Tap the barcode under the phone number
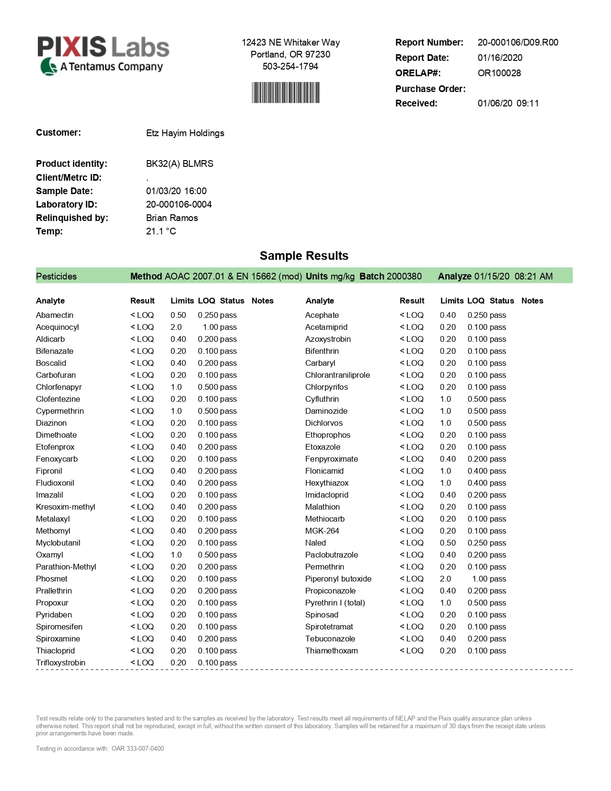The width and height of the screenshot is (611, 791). tap(286, 93)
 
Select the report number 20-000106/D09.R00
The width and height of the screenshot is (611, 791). tap(518, 42)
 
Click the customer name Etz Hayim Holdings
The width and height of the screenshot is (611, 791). tap(185, 133)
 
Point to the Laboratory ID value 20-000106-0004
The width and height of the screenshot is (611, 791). tap(179, 204)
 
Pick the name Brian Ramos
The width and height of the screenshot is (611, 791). tap(172, 218)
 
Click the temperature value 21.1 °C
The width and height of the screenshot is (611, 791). tap(161, 231)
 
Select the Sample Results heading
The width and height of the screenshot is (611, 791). tap(304, 256)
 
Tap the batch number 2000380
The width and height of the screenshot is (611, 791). tap(404, 276)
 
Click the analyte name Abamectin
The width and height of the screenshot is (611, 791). tap(55, 315)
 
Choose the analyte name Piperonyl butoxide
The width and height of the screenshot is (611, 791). tap(338, 579)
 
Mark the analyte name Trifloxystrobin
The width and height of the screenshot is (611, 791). tap(60, 663)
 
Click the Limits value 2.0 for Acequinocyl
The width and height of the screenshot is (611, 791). tap(176, 327)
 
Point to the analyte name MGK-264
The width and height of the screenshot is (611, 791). tap(322, 531)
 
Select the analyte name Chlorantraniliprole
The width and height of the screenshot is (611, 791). tap(337, 375)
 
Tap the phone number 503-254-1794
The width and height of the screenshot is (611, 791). tap(290, 66)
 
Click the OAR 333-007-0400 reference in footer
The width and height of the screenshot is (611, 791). tap(138, 748)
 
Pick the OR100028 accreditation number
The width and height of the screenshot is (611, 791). tap(499, 73)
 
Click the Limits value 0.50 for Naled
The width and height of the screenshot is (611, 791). tap(448, 543)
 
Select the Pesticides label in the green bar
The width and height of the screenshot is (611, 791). tap(57, 276)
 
